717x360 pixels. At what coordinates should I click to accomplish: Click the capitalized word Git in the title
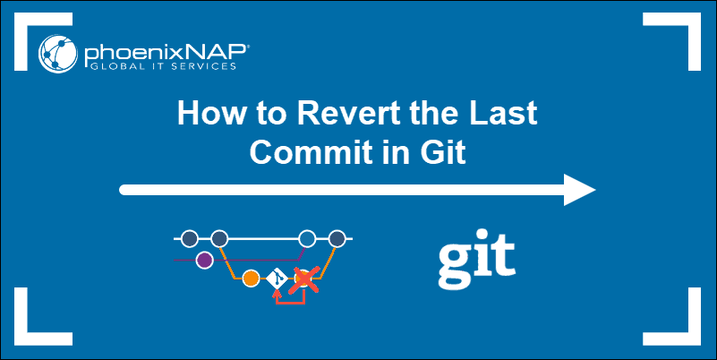coord(443,151)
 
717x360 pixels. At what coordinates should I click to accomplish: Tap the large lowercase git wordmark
coord(476,256)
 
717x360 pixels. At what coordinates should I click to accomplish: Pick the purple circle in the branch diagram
coord(204,261)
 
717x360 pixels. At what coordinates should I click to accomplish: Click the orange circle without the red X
coord(251,279)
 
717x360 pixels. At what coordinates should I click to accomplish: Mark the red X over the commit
coord(307,280)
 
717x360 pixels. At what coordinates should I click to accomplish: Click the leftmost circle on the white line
coord(189,239)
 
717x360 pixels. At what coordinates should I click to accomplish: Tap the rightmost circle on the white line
coord(337,239)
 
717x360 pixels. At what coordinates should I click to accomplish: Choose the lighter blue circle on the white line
coord(307,239)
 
